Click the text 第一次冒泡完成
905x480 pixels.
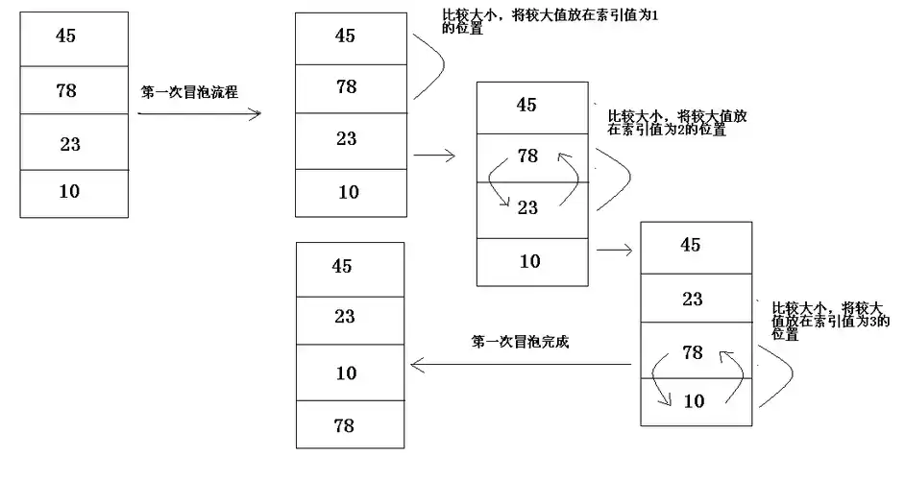click(x=521, y=342)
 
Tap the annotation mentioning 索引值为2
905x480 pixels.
click(x=677, y=121)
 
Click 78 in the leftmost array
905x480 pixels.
click(x=66, y=90)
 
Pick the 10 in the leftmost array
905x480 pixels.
click(x=68, y=191)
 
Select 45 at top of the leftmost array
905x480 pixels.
click(x=65, y=36)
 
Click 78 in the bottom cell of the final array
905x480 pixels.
click(x=345, y=425)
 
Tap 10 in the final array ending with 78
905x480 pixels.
click(x=346, y=372)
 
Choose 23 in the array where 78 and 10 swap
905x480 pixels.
click(x=693, y=299)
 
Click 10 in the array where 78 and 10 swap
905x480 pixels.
click(x=693, y=400)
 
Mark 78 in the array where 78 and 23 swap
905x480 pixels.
click(x=527, y=155)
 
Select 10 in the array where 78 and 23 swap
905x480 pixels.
click(x=529, y=261)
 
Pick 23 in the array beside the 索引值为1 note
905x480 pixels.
click(x=347, y=138)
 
